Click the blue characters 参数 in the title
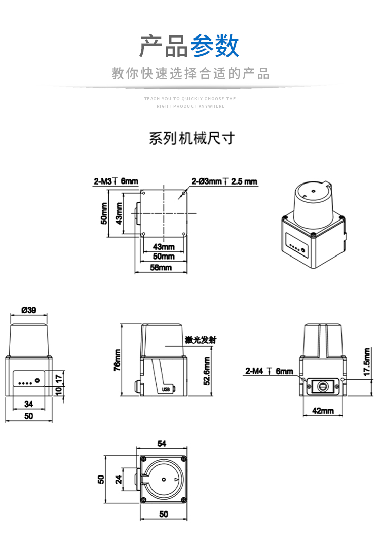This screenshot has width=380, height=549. pos(214,47)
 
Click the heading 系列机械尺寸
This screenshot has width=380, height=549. pos(192,138)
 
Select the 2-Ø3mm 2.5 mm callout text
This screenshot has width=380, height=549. pos(224,181)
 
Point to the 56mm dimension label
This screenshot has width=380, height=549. pos(162,267)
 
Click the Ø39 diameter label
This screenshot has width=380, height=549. pos(28,310)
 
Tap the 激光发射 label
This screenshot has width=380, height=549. pos(201,340)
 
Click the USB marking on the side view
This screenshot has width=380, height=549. pos(165,389)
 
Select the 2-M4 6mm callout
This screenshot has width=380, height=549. pos(269,371)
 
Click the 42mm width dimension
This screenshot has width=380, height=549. pos(323,410)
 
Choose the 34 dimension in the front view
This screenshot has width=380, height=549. pos(28,404)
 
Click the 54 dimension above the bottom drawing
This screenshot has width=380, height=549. pos(162,444)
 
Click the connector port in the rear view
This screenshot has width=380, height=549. pos(323,386)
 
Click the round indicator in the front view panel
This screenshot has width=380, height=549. pos(37,380)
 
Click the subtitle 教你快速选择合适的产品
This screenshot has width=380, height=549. pos(191,74)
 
